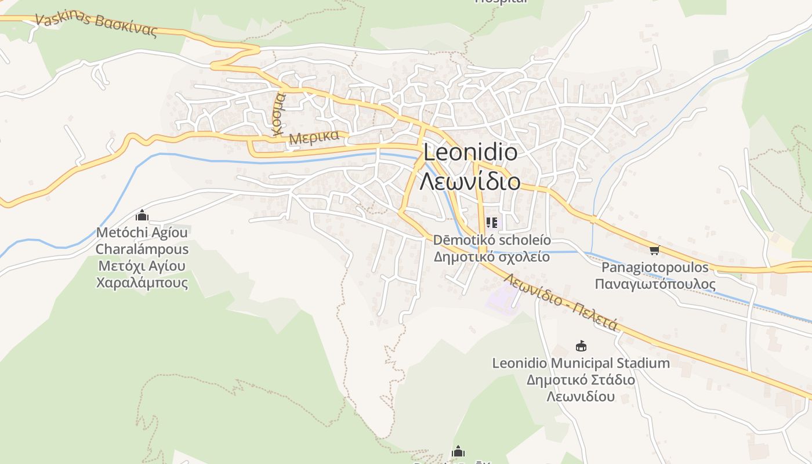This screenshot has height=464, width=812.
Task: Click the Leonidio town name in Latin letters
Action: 470,152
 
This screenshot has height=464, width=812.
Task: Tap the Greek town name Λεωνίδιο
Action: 470,182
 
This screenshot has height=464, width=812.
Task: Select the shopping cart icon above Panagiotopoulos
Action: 655,250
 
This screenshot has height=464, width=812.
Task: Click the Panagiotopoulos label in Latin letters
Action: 655,267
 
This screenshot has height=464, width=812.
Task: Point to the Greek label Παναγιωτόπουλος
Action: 655,284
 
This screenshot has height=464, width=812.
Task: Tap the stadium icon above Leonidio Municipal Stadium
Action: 581,346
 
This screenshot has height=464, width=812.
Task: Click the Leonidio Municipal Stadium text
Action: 581,364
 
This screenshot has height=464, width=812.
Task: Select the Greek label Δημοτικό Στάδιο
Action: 581,380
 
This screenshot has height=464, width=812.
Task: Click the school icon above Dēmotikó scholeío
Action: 492,222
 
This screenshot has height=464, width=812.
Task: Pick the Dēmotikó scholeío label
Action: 492,240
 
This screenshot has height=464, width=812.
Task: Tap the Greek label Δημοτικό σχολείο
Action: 492,256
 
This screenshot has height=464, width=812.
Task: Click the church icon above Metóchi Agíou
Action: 142,216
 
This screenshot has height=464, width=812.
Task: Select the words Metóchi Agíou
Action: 142,233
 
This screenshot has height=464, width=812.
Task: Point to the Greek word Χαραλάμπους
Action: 142,283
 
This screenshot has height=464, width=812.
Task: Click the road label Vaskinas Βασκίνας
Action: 96,24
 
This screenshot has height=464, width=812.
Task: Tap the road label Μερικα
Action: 314,137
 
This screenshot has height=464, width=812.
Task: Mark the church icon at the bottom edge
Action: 458,452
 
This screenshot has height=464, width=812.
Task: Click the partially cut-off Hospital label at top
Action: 501,2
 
